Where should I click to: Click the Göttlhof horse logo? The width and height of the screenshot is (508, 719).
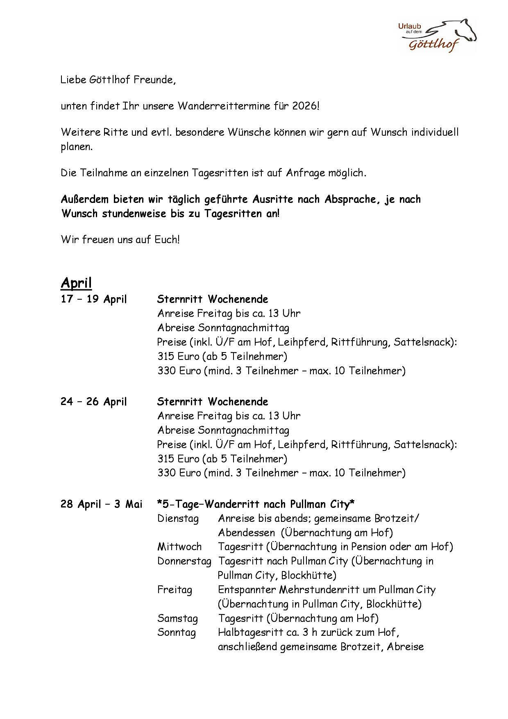coord(438,36)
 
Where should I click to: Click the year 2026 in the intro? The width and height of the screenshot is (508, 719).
coord(305,106)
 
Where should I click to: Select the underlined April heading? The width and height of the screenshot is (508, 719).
coord(76,283)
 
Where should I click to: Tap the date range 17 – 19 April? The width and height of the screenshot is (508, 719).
coord(94,299)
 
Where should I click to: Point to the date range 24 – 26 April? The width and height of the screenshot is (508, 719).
coord(94,402)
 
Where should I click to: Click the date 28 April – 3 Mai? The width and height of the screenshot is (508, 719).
coord(101,504)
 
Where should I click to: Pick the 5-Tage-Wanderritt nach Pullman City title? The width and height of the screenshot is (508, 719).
coord(256,504)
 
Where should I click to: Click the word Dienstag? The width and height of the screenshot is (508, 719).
coord(178,519)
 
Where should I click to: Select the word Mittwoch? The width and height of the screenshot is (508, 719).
coord(179,547)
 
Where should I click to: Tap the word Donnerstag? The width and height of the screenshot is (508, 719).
coord(184,561)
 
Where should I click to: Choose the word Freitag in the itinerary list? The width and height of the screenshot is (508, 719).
coord(175,590)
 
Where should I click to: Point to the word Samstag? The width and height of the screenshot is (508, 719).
coord(177,619)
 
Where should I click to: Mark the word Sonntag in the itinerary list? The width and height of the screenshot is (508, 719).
coord(177,633)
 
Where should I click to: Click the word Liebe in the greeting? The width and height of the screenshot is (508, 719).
coord(73,80)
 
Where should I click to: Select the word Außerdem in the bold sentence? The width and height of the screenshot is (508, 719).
coord(84,200)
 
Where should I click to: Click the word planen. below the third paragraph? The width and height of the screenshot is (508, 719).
coord(77,147)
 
